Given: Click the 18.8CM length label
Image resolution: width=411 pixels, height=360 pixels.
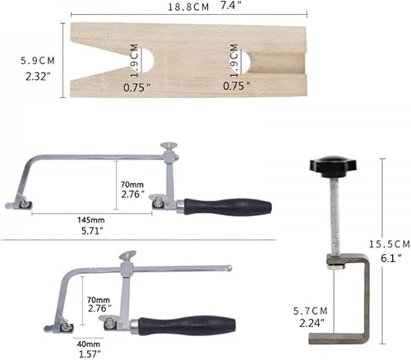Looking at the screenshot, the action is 188,7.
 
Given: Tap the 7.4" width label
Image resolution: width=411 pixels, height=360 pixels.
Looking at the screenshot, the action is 231,6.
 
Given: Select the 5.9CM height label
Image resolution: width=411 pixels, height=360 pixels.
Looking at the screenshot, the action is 38,61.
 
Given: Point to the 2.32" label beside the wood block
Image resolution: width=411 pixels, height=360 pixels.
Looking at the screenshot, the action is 38,76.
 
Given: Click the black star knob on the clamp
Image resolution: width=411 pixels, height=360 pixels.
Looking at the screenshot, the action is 333,165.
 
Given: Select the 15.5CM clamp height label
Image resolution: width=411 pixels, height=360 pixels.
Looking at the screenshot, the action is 390,244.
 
